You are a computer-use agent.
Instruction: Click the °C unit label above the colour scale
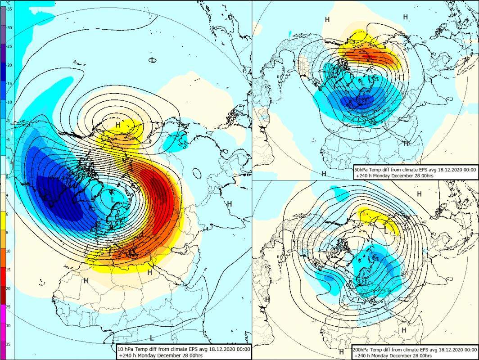click(9, 3)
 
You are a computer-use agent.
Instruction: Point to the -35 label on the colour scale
click(9, 9)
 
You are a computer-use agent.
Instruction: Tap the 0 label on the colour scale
click(7, 176)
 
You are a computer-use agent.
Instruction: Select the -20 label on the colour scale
click(9, 65)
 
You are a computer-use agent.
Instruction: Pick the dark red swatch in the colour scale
click(3, 295)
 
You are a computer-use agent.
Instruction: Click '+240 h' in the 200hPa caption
click(363, 356)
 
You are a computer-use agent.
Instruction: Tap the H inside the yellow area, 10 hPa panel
click(118, 125)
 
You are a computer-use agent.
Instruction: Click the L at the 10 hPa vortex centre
click(113, 200)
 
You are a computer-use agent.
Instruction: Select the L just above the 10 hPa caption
click(152, 337)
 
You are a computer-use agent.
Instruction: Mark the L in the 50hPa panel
click(362, 82)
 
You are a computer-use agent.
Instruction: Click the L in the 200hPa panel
click(386, 231)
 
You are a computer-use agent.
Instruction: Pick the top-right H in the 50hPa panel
click(405, 17)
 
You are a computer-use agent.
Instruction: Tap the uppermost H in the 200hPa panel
click(420, 194)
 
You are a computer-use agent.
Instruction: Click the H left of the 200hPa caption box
click(342, 352)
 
